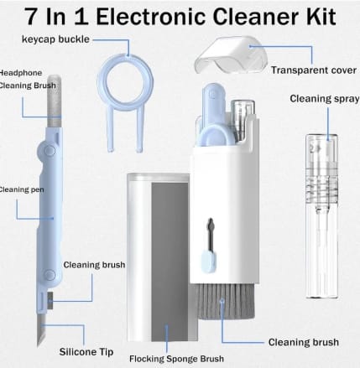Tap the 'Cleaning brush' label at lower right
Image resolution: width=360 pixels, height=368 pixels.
point(303,341)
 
